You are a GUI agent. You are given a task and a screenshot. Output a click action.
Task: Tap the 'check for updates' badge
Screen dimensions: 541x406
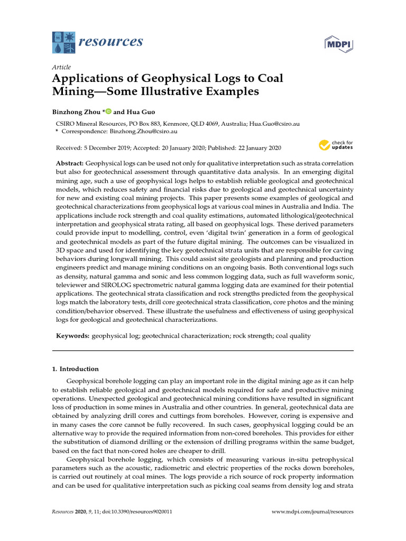point(335,145)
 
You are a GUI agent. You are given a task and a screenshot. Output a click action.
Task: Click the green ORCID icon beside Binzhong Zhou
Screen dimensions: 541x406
point(108,111)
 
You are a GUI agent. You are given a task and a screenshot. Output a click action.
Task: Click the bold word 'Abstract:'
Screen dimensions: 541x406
point(70,164)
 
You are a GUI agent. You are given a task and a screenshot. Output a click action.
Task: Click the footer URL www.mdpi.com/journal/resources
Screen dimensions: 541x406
point(312,511)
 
